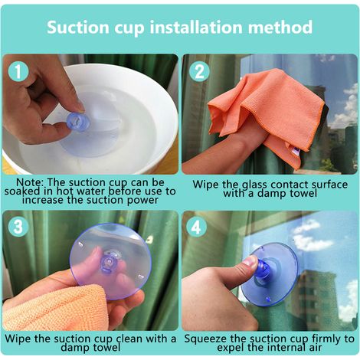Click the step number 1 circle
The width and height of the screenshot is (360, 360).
(18, 72)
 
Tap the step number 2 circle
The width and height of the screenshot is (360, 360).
(199, 72)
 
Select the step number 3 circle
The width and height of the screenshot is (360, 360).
(18, 227)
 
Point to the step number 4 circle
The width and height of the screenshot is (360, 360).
(196, 227)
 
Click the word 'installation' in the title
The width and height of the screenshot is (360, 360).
(196, 27)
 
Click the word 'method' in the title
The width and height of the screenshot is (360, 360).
(280, 27)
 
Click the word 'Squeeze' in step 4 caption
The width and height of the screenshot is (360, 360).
(205, 339)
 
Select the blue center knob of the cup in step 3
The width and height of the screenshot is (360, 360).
(110, 261)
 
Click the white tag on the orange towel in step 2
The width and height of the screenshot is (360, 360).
(294, 151)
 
